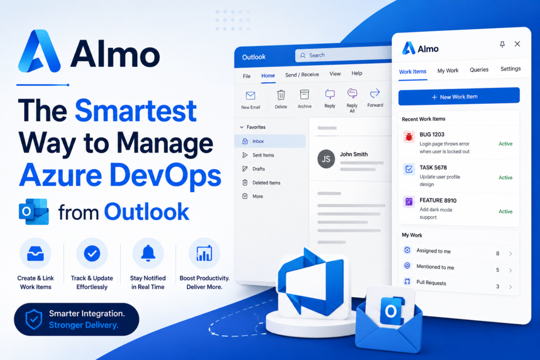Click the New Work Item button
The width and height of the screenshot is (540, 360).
459,96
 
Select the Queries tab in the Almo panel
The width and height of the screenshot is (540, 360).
479,70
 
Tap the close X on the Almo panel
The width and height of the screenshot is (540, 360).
517,44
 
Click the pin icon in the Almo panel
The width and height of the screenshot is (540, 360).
502,44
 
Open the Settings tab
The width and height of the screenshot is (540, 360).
510,69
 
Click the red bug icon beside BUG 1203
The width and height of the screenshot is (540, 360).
409,137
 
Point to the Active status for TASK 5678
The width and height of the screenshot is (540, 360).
505,178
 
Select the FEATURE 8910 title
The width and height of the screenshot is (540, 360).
438,200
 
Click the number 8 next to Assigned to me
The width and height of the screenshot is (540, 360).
497,254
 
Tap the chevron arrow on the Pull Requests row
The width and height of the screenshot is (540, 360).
510,287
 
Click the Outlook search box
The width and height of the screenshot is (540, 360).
343,55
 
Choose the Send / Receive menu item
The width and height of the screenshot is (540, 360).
302,75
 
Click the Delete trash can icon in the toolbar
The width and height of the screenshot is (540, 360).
281,95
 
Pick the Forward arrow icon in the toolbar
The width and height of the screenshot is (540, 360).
375,93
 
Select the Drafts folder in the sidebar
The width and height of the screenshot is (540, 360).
258,169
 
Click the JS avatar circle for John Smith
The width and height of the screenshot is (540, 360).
326,159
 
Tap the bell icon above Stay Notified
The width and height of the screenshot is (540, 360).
148,254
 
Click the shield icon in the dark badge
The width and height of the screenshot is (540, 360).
34,319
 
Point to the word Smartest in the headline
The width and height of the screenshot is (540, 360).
136,111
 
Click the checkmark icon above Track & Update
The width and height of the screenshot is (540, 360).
92,254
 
